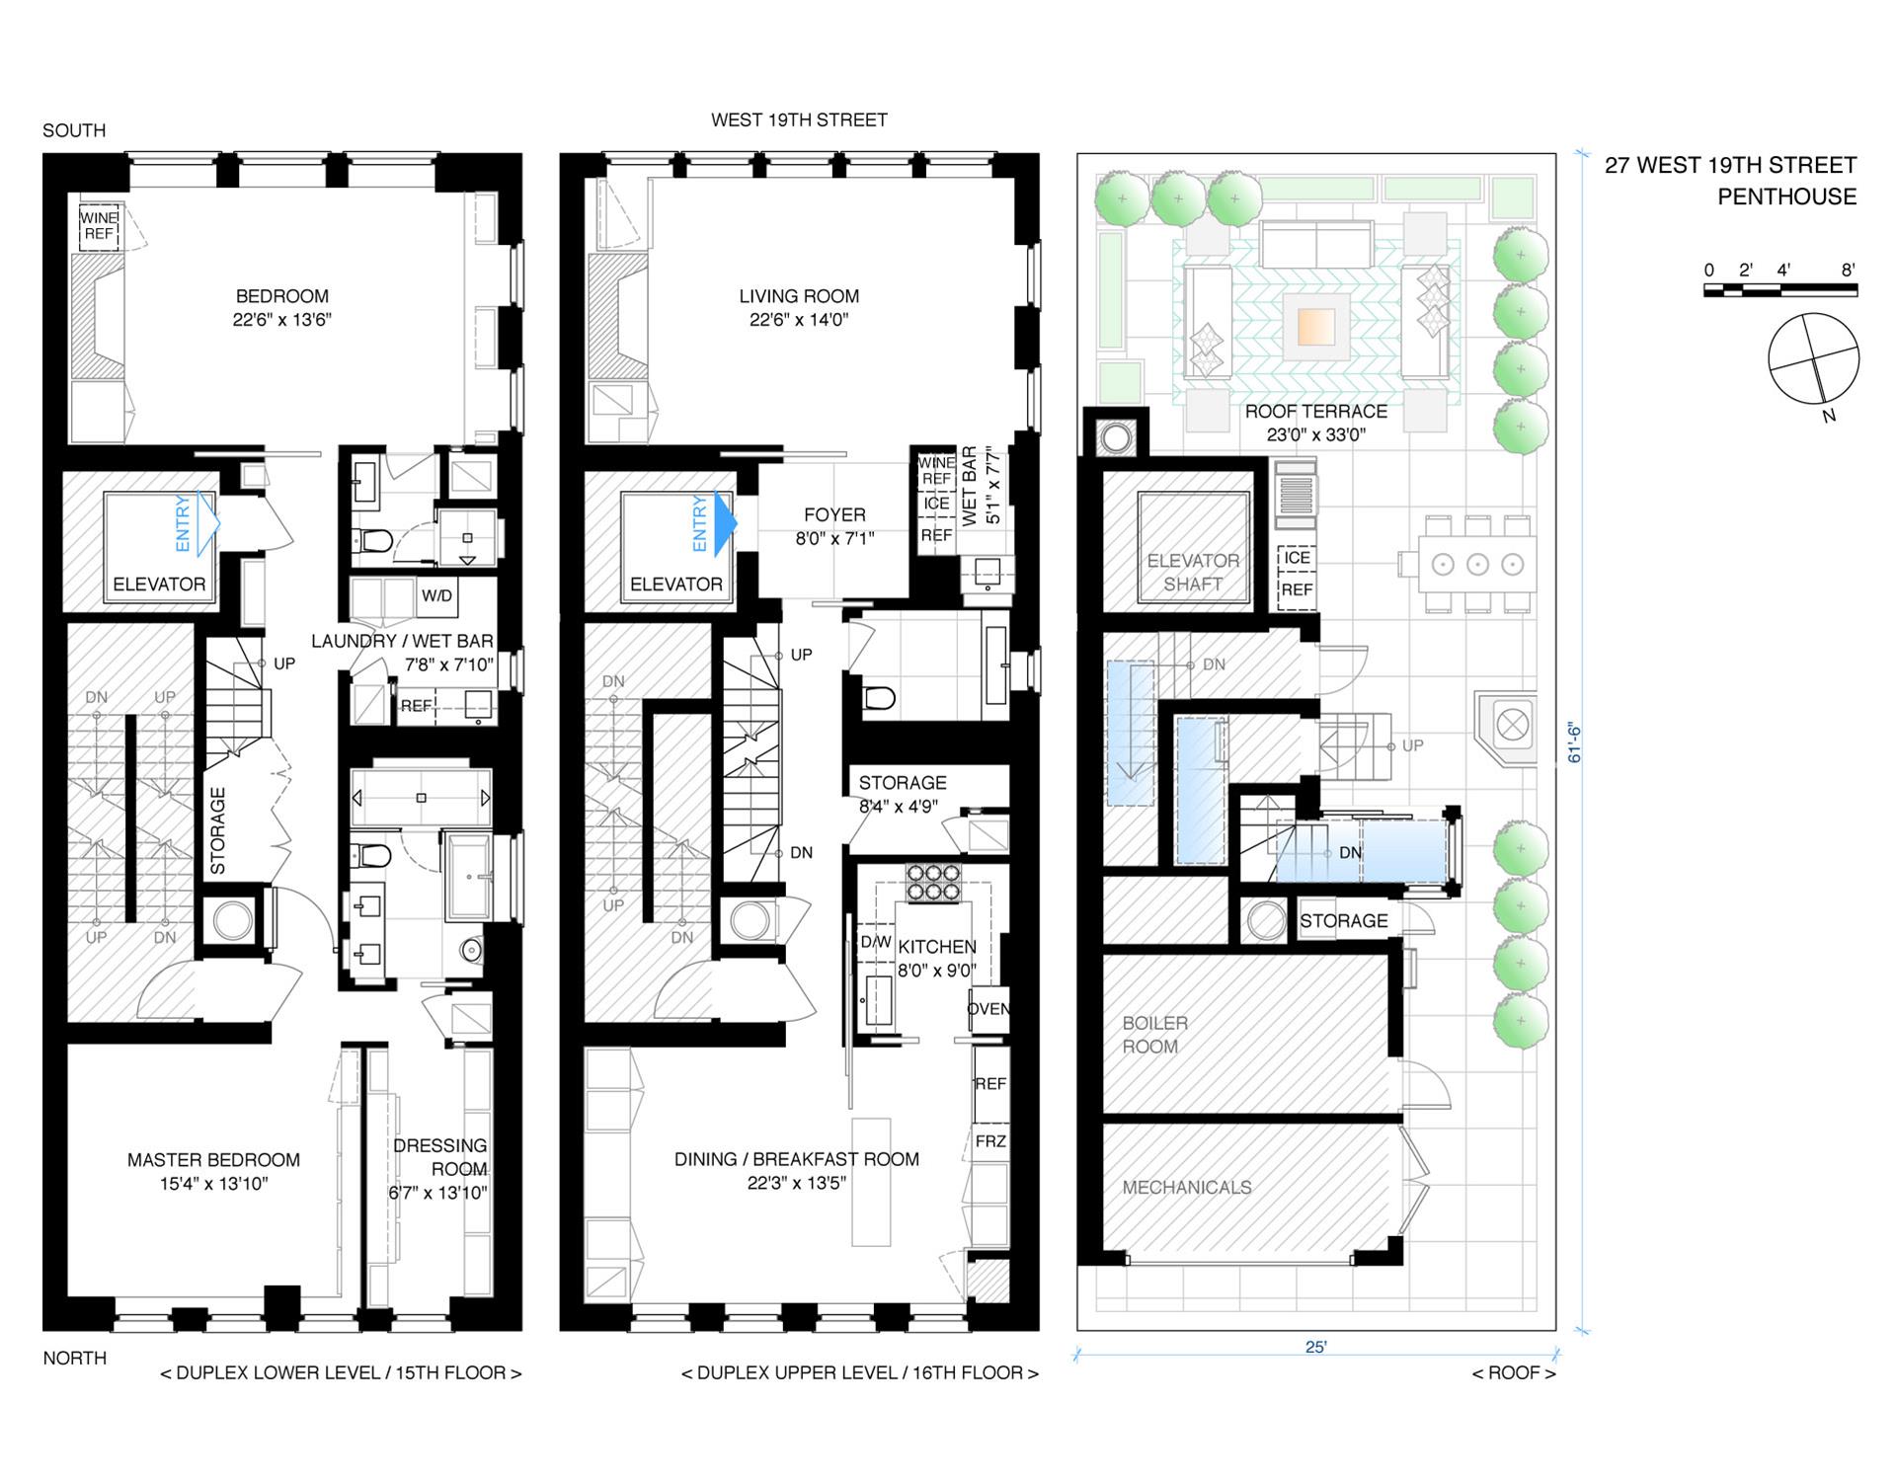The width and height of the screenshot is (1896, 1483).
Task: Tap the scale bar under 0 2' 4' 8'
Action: [x=1779, y=290]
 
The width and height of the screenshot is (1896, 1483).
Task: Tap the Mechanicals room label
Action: [x=1186, y=1187]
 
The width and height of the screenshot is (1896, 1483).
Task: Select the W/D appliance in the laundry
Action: [x=436, y=595]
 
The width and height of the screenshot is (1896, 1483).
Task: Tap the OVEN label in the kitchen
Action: [x=987, y=1008]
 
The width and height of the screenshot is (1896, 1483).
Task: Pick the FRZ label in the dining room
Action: [x=989, y=1141]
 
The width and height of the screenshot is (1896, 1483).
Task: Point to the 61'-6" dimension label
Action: [x=1575, y=743]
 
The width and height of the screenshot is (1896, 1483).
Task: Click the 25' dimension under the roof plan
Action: [x=1315, y=1347]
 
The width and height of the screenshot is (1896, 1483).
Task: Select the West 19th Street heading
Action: [x=799, y=119]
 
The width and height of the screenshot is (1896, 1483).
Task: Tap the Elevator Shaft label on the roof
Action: [x=1193, y=572]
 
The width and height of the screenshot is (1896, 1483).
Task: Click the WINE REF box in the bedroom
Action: [x=99, y=226]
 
